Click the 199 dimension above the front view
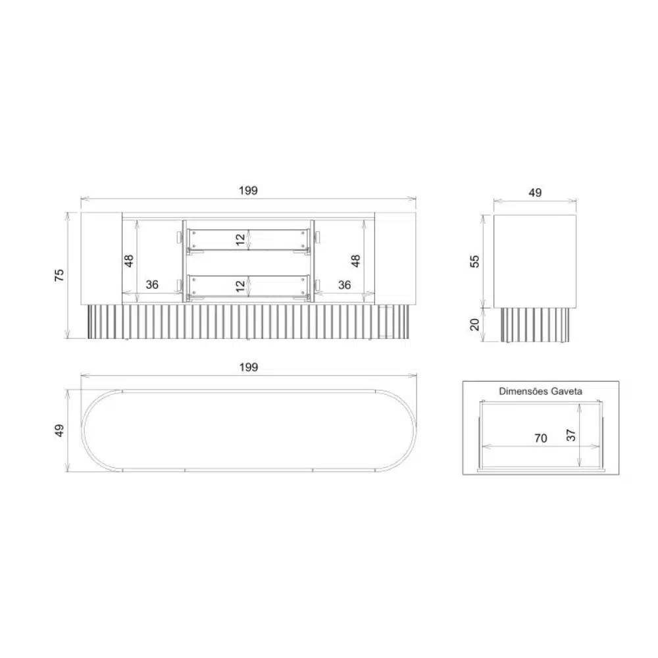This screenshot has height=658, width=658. pos(248,191)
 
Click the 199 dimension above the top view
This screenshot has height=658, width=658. pos(249,367)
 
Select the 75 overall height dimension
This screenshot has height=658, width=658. pos(59,275)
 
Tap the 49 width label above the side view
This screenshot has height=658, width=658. pos(535,193)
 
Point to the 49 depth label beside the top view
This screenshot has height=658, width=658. pos(59,430)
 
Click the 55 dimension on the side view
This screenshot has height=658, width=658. pos(474,261)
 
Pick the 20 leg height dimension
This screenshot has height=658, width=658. pos(474,324)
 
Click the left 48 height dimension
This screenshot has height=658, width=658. pos(129,261)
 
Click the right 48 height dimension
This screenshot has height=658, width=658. pos(355,261)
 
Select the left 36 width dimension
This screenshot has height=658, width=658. pos(152,284)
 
